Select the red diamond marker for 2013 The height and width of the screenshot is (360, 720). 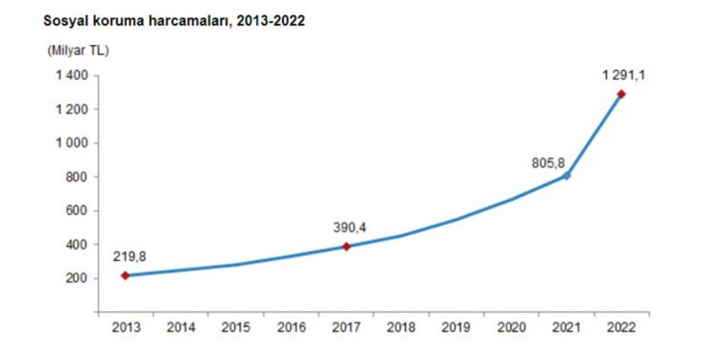coord(127,276)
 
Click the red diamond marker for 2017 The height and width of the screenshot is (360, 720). coord(347,247)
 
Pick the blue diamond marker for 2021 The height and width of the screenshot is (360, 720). coord(566,176)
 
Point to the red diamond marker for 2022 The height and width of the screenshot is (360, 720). coord(621,94)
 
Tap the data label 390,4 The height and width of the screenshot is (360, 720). coord(349,228)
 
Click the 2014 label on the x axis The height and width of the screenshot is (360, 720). coord(181,328)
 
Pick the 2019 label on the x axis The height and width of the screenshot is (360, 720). coord(456,328)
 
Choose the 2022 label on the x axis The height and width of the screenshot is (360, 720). coord(621,328)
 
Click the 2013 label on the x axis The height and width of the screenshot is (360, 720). coord(127,328)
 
